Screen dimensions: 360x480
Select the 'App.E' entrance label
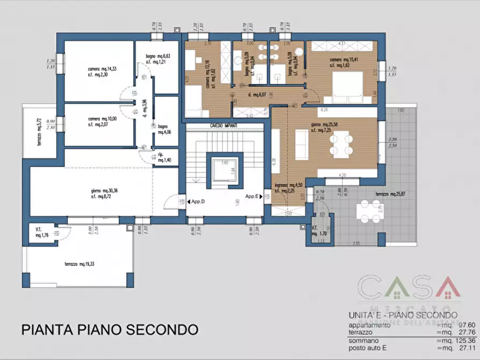252,197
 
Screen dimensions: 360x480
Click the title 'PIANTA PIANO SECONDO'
110,329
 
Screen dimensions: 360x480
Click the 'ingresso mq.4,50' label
288,186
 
